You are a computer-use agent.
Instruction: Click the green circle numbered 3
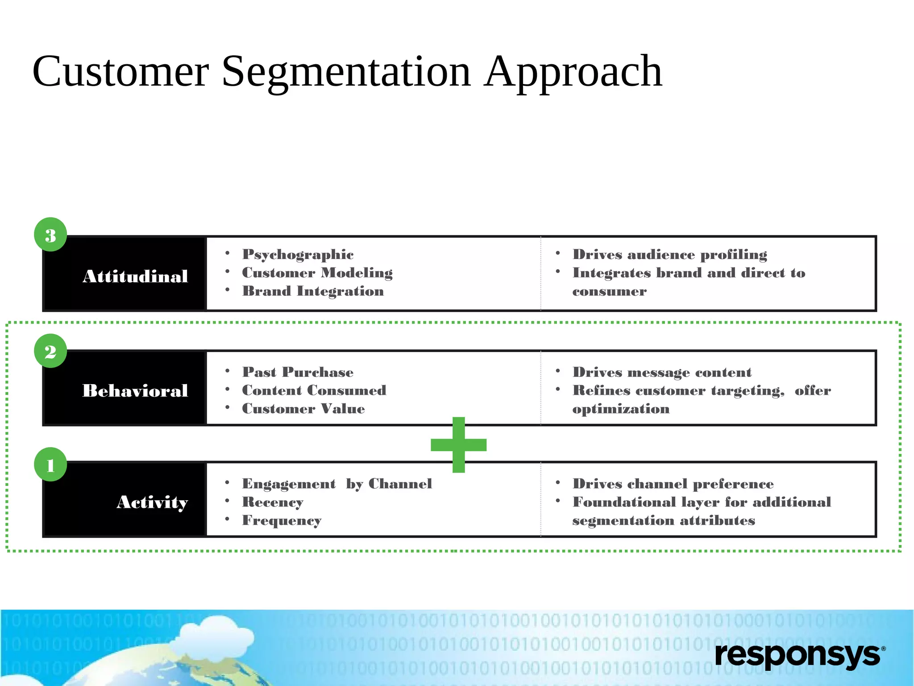(x=50, y=234)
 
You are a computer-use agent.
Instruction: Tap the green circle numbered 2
(x=50, y=351)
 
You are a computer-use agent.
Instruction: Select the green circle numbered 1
(x=50, y=464)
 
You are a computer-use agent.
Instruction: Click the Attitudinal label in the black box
(x=135, y=276)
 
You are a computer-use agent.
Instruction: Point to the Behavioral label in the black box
(x=135, y=391)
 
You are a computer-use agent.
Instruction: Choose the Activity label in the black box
(x=152, y=502)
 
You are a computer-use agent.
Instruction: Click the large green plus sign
(x=458, y=445)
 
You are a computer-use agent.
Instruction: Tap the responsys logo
(x=799, y=655)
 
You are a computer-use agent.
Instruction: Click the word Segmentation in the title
(x=346, y=71)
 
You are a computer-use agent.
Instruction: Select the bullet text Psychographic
(x=298, y=255)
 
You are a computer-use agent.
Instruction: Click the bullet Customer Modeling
(x=317, y=273)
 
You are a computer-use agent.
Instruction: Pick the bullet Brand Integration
(x=312, y=291)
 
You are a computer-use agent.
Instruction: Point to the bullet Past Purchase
(x=298, y=372)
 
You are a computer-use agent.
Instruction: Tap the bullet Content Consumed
(x=314, y=390)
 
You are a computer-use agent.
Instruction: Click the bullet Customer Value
(x=303, y=409)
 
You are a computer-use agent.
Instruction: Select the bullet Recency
(x=272, y=502)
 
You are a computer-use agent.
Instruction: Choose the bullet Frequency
(x=281, y=520)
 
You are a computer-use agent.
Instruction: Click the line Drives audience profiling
(x=669, y=255)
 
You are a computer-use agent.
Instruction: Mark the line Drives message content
(x=662, y=372)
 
